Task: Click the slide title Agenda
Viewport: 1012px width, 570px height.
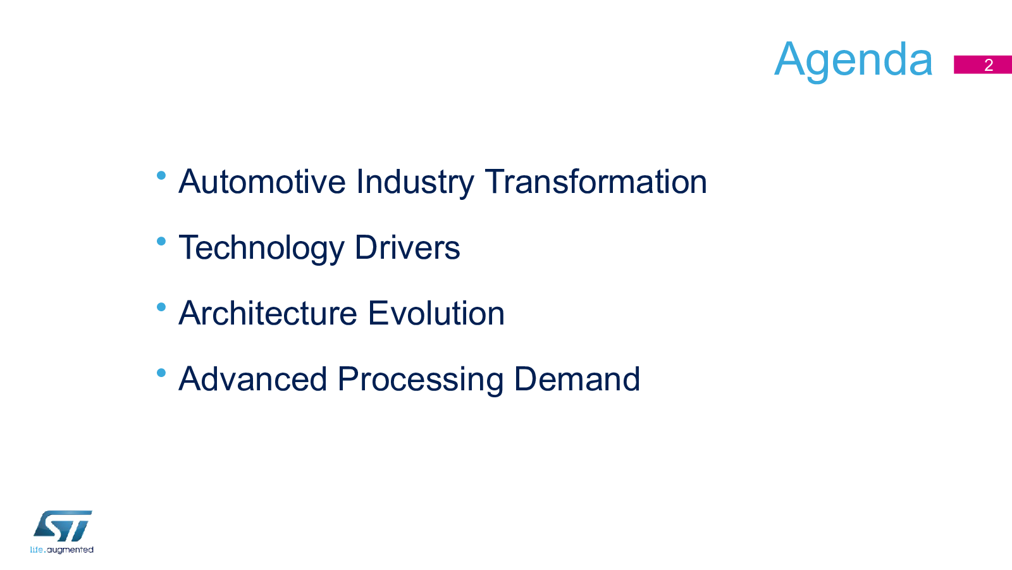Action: (853, 60)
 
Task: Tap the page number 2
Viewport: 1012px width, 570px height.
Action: (989, 65)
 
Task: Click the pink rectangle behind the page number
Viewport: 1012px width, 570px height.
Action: (983, 65)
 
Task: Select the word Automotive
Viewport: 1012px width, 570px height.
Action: (262, 182)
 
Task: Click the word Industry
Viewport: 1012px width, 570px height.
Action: (415, 183)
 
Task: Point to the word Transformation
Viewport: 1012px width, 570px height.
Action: (596, 182)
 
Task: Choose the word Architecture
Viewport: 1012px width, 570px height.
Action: (268, 313)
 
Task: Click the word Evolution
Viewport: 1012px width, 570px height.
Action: (436, 313)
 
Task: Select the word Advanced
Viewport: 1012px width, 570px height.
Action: (252, 379)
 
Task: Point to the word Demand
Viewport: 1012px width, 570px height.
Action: (577, 379)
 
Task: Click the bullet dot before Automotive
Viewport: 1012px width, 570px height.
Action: (161, 175)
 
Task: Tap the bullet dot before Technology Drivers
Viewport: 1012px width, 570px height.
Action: (161, 242)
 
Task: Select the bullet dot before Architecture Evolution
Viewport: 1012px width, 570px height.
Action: (161, 307)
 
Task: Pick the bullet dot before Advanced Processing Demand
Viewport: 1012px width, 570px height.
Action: (161, 373)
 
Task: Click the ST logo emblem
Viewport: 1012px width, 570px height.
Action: (63, 526)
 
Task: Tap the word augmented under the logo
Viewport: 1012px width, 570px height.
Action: (70, 550)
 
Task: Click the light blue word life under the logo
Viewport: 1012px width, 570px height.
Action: (37, 550)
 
